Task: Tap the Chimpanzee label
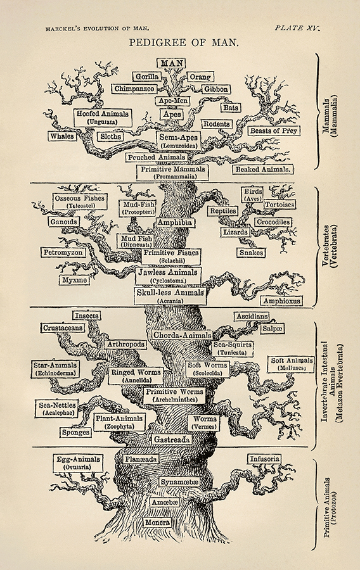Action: (134, 89)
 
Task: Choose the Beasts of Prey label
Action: (274, 130)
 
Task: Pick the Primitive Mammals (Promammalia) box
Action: (180, 172)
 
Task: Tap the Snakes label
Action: (251, 253)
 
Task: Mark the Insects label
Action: (87, 315)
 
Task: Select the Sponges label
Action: (75, 433)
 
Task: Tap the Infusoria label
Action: (264, 459)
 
